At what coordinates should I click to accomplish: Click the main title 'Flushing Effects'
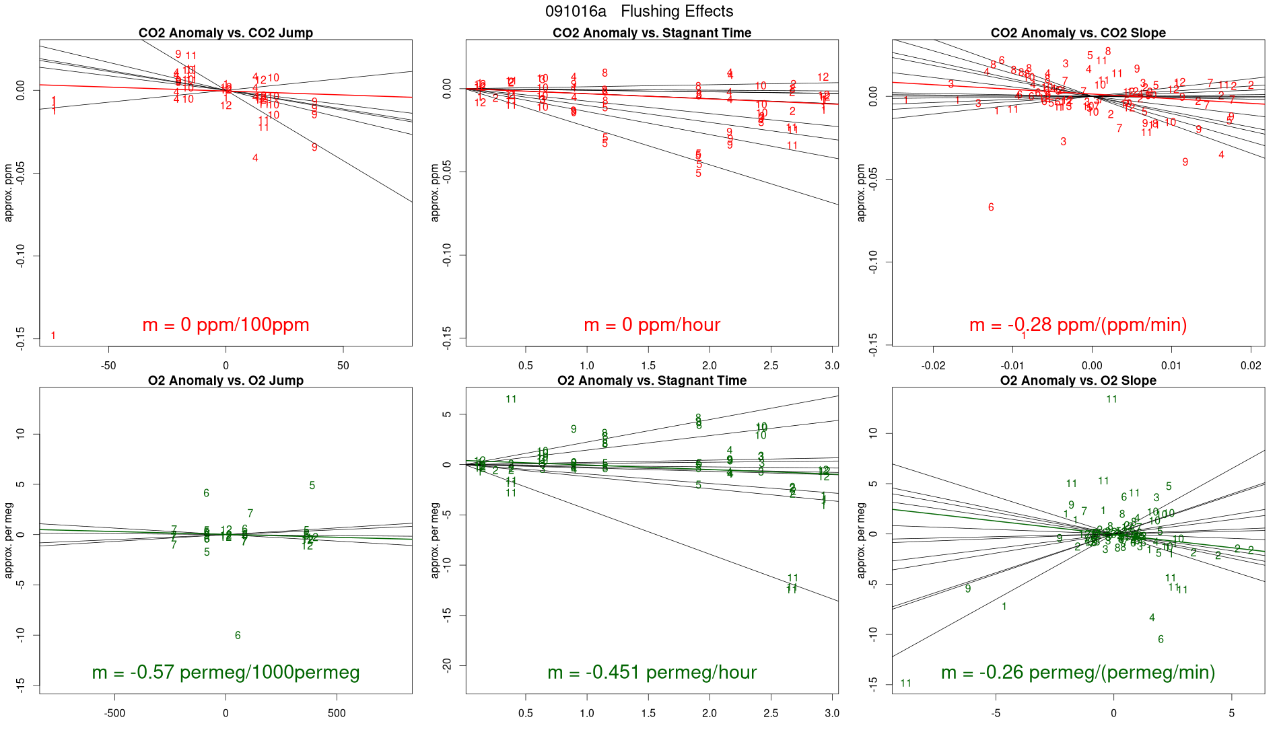pos(677,11)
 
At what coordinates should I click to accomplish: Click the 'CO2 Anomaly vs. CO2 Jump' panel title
pos(226,33)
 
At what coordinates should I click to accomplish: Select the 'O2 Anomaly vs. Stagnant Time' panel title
pos(652,381)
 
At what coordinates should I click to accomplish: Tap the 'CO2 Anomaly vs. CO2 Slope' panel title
pos(1078,33)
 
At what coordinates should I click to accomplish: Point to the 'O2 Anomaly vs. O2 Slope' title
pos(1078,381)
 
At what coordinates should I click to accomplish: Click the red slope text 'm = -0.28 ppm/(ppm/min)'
pos(1078,325)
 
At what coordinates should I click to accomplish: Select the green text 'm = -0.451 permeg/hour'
pos(652,673)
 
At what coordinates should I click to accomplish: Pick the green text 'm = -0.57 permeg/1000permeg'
pos(226,673)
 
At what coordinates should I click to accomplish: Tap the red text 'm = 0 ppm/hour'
pos(652,325)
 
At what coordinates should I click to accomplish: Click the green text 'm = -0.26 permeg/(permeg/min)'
pos(1078,673)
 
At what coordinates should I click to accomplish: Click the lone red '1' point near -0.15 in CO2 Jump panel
pos(53,336)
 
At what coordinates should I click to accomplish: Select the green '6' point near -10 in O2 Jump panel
pos(238,636)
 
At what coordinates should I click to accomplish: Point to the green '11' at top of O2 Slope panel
pos(1111,400)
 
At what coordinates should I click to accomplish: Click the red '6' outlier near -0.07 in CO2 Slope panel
pos(991,207)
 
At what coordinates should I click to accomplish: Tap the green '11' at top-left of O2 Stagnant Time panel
pos(511,400)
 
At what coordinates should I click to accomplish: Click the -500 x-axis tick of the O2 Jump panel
pos(114,714)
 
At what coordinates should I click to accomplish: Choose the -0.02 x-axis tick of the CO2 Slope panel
pos(933,366)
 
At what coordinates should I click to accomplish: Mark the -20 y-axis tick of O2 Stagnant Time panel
pos(447,666)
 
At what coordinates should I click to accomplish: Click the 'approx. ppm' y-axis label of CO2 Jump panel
pos(9,192)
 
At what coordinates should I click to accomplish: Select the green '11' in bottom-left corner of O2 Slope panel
pos(905,683)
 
